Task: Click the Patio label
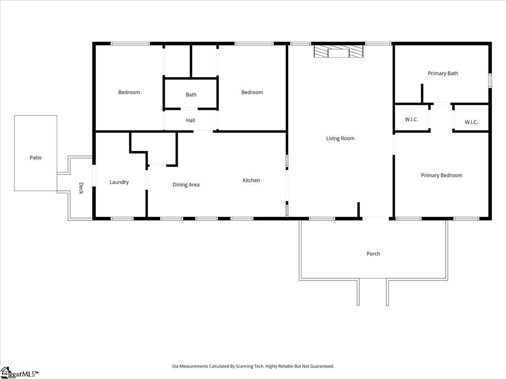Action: click(x=35, y=157)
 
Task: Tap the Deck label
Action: click(x=81, y=188)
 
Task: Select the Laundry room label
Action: click(x=119, y=182)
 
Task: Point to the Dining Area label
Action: click(x=186, y=184)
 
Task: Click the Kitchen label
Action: click(x=251, y=180)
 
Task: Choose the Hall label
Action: click(x=191, y=120)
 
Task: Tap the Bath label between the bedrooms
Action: click(x=191, y=95)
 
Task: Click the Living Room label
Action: click(x=340, y=138)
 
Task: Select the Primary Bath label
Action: click(x=443, y=73)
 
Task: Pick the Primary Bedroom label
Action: click(x=441, y=175)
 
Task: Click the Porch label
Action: click(x=373, y=254)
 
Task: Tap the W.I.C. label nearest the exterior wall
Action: click(x=471, y=122)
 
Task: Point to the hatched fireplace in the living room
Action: click(x=339, y=51)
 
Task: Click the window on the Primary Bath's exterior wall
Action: click(x=490, y=80)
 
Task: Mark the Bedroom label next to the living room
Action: click(x=252, y=92)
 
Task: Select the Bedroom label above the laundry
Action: click(x=129, y=92)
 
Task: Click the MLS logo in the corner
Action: click(x=19, y=373)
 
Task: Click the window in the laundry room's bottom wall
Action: click(x=122, y=219)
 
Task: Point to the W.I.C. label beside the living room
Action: click(x=412, y=120)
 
